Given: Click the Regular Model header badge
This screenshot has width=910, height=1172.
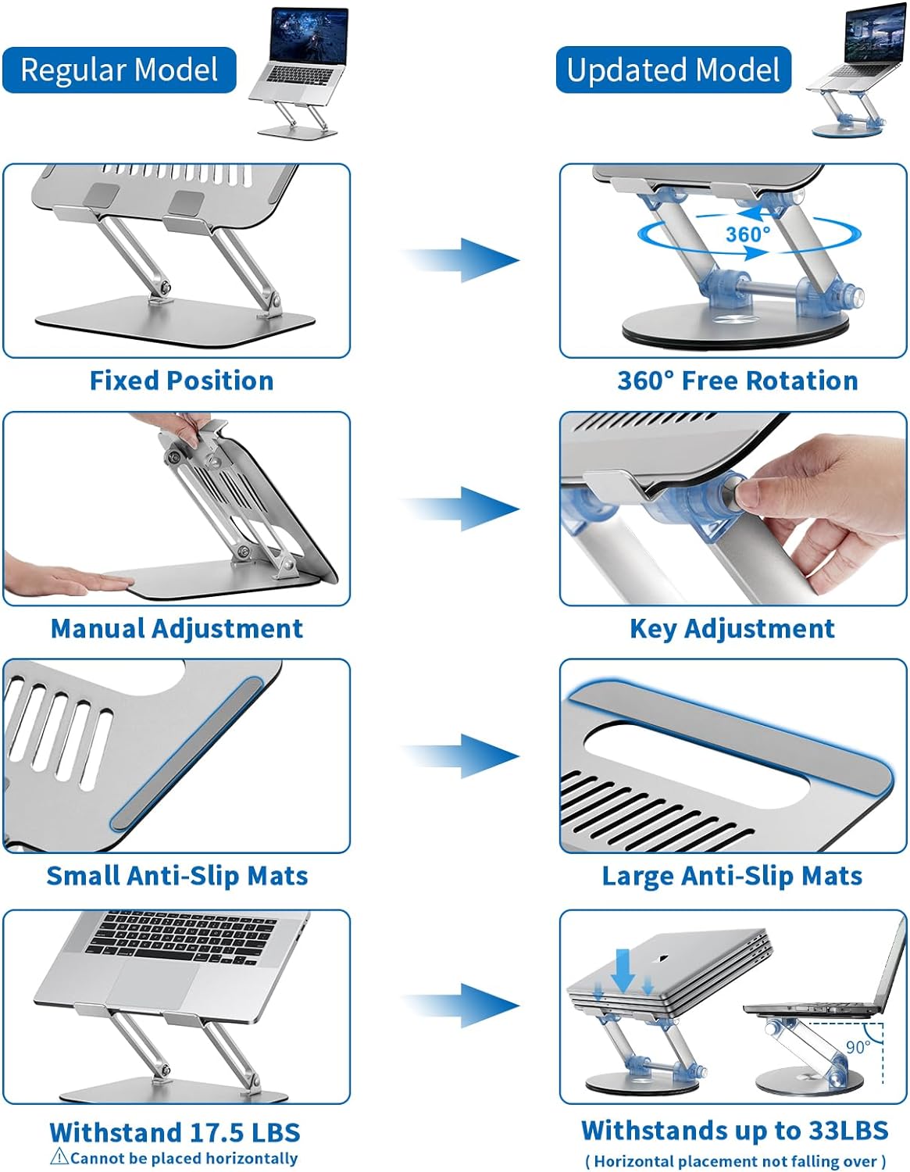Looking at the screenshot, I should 119,70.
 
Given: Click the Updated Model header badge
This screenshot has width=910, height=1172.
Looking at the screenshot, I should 673,70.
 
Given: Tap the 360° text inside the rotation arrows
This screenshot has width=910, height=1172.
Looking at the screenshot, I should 748,234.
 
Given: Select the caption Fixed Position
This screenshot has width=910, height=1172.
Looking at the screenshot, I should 181,381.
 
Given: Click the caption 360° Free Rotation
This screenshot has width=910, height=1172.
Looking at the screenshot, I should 737,381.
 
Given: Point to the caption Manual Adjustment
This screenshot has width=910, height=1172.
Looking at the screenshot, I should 177,628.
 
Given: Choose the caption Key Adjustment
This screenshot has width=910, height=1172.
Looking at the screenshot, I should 732,628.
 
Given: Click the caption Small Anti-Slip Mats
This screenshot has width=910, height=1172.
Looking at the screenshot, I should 177,876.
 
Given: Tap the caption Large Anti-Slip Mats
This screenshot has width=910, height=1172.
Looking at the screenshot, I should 732,876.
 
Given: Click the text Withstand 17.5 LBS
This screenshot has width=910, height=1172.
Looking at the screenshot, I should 174,1132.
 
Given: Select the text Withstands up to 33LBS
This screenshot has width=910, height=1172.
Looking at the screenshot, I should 734,1130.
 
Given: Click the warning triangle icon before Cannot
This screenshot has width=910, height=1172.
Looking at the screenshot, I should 59,1157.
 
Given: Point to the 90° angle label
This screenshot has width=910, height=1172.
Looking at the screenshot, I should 857,1047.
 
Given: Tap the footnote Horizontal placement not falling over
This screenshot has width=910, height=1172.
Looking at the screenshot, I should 735,1161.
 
